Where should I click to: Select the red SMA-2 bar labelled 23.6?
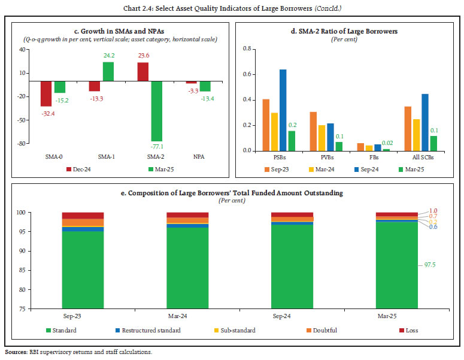(x=143, y=71)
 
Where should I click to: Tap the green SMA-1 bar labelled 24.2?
(x=108, y=71)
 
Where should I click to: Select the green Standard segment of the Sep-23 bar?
(x=83, y=270)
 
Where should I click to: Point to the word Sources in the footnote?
(x=14, y=352)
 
